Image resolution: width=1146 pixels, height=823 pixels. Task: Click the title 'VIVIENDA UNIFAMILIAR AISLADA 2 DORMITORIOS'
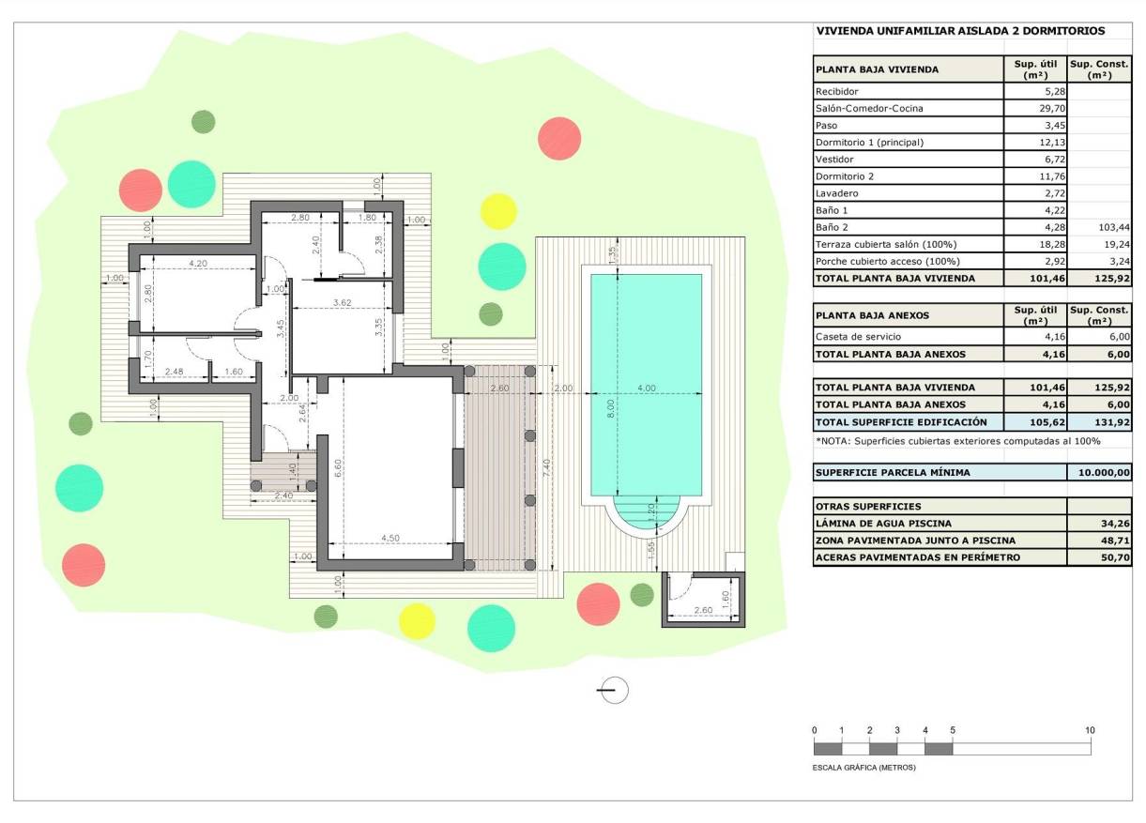(960, 31)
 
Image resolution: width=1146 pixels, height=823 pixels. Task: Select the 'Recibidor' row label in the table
(837, 92)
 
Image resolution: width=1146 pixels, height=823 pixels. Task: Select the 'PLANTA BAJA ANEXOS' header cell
(872, 315)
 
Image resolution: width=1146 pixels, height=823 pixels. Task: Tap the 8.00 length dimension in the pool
(611, 409)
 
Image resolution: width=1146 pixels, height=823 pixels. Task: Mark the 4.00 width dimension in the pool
(646, 388)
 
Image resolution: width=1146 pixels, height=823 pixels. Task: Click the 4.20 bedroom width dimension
(198, 264)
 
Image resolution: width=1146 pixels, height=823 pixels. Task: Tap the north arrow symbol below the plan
(613, 690)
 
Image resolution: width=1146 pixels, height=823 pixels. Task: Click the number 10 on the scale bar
(1090, 730)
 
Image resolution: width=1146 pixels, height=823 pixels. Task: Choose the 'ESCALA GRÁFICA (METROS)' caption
(863, 768)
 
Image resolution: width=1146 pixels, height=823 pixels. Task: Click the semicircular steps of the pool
(645, 513)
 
